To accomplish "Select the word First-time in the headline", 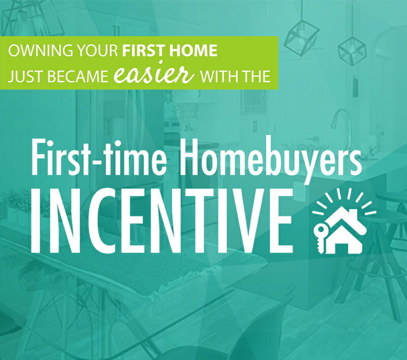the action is click(x=99, y=158).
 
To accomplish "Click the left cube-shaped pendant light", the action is click(x=302, y=39).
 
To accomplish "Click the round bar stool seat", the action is click(x=391, y=198).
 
